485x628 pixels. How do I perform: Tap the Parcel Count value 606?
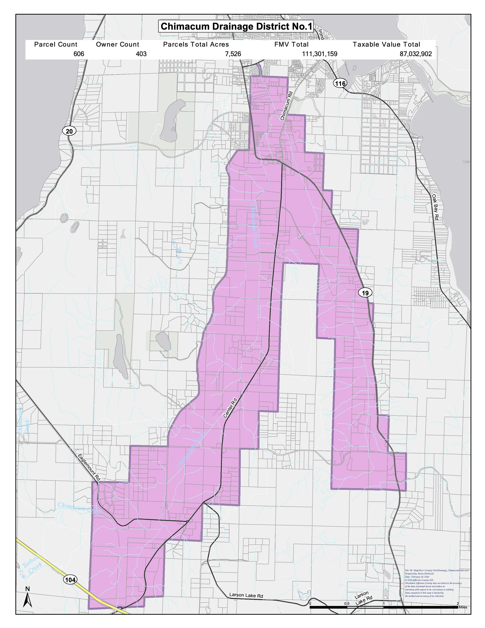(79, 54)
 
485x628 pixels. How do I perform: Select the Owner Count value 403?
(141, 54)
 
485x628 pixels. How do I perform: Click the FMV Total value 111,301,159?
(320, 54)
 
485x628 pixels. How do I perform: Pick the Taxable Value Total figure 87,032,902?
(416, 54)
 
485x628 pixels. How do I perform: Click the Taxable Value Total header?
(386, 44)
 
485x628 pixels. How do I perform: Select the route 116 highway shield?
(340, 84)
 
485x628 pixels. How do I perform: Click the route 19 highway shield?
(365, 293)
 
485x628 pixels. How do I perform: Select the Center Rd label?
(230, 408)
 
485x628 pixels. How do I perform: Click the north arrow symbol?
(28, 599)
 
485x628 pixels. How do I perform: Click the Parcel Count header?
(56, 44)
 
